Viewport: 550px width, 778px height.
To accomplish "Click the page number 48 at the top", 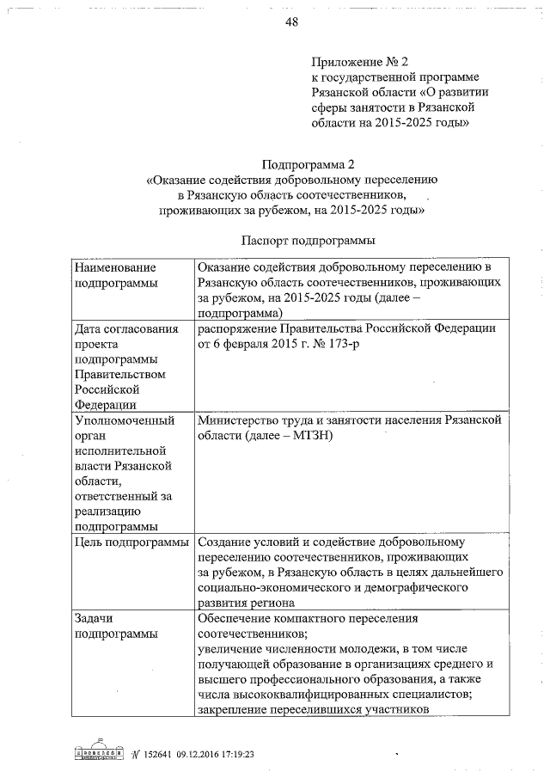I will [290, 22].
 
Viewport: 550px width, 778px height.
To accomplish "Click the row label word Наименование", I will [115, 268].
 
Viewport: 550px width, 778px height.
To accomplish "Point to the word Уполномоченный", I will [125, 421].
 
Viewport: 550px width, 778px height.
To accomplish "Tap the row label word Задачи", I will [95, 618].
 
